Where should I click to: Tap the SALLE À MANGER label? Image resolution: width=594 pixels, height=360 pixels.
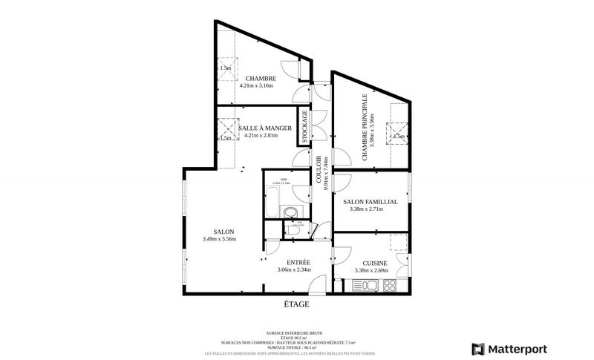260,128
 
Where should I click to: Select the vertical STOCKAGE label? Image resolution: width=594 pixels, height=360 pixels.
304,126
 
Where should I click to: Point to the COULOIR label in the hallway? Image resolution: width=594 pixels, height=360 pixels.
319,170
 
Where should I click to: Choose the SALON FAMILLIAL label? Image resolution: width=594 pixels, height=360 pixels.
371,201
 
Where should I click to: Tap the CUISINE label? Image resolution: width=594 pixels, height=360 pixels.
375,263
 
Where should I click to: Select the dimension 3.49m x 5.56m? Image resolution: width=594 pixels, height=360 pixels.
219,239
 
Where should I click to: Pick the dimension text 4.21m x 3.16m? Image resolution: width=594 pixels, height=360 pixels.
256,86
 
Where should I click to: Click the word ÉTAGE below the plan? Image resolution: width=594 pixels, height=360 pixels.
296,304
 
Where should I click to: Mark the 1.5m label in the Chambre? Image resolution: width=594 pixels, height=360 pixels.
226,68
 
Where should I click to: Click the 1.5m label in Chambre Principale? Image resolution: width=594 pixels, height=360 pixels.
399,137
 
